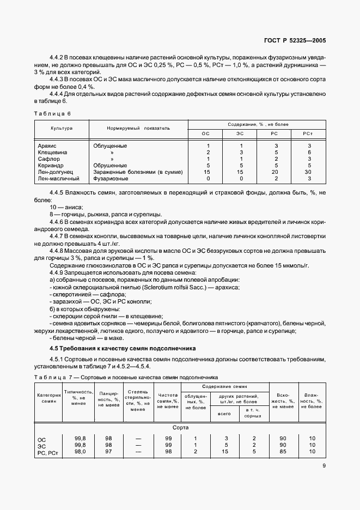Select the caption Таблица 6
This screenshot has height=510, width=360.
[52, 113]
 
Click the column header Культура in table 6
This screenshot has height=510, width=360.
[62, 128]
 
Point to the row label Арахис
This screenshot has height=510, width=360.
[48, 146]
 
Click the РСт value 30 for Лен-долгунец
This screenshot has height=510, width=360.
[309, 172]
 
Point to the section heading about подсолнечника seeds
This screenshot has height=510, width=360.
[123, 348]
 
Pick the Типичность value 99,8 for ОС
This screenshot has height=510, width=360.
[80, 438]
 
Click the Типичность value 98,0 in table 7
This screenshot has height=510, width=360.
[80, 452]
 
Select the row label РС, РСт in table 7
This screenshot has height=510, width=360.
[47, 452]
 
